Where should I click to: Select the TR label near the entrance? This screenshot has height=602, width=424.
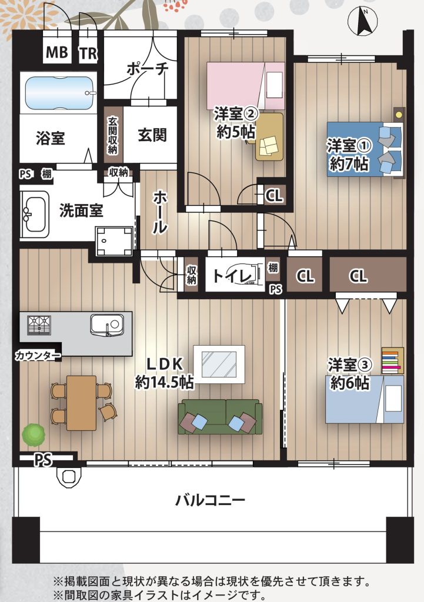tap(89, 52)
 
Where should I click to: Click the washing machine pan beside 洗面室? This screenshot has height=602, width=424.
tap(115, 241)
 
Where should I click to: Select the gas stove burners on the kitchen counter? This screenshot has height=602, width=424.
tap(39, 325)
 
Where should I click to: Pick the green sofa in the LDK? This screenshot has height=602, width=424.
tap(220, 417)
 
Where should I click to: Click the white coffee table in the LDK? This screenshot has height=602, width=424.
tap(219, 364)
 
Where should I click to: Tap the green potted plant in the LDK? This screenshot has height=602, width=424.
tap(34, 434)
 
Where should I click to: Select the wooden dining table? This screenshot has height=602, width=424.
tap(81, 403)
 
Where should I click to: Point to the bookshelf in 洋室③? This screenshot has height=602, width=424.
tap(392, 360)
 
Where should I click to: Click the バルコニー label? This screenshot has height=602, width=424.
tap(210, 500)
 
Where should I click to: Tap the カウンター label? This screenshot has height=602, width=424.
tap(38, 356)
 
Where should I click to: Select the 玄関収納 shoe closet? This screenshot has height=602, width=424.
tap(112, 135)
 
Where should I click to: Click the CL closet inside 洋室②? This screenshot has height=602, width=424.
tap(274, 196)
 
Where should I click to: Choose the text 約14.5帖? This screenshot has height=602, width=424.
tap(164, 382)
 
